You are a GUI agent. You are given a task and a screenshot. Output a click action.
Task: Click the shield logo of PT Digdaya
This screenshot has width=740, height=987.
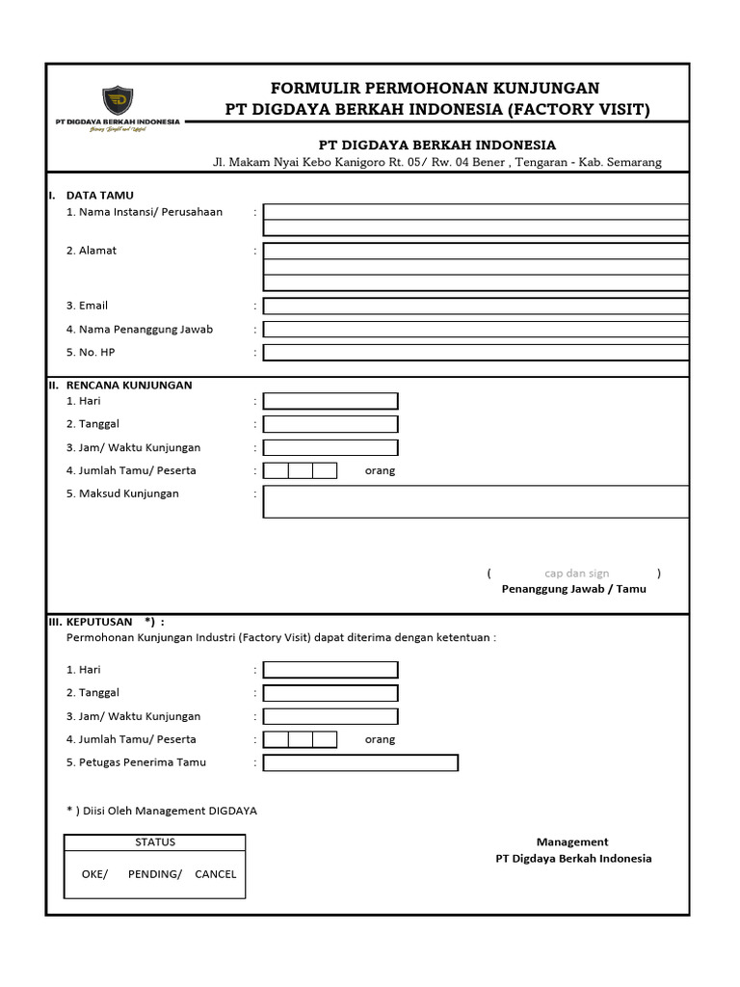119,100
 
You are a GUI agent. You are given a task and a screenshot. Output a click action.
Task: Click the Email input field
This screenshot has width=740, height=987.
476,306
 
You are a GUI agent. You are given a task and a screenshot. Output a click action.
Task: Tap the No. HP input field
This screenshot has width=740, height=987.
476,352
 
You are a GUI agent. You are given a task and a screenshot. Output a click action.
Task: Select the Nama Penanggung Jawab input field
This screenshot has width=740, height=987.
476,329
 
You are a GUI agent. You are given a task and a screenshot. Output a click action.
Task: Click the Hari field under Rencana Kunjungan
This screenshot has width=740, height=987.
330,401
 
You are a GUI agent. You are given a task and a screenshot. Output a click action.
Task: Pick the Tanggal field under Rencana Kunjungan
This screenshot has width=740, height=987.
330,424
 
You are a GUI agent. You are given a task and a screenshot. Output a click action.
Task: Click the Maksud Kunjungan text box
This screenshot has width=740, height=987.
476,501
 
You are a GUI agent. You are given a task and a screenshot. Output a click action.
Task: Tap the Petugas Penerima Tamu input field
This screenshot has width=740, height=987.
360,762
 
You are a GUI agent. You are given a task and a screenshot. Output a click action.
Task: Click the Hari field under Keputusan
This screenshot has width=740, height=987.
330,669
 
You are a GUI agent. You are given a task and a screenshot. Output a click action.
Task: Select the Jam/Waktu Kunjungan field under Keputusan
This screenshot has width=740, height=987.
330,716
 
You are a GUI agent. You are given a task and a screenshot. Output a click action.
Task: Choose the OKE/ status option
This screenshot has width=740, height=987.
94,874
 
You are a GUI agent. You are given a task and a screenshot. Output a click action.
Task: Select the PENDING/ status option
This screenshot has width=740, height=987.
154,874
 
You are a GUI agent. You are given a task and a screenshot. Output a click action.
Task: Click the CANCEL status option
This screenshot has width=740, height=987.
215,874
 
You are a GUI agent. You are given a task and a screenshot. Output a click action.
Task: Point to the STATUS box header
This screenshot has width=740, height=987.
155,842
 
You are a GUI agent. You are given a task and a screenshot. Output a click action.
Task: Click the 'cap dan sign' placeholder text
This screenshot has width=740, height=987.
576,574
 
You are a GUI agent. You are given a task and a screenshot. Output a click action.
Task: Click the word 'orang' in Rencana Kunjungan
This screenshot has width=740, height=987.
380,471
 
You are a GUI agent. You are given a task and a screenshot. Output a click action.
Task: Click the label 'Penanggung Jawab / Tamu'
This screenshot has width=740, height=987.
573,589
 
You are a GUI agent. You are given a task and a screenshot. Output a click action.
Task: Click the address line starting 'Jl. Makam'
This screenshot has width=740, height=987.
436,163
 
